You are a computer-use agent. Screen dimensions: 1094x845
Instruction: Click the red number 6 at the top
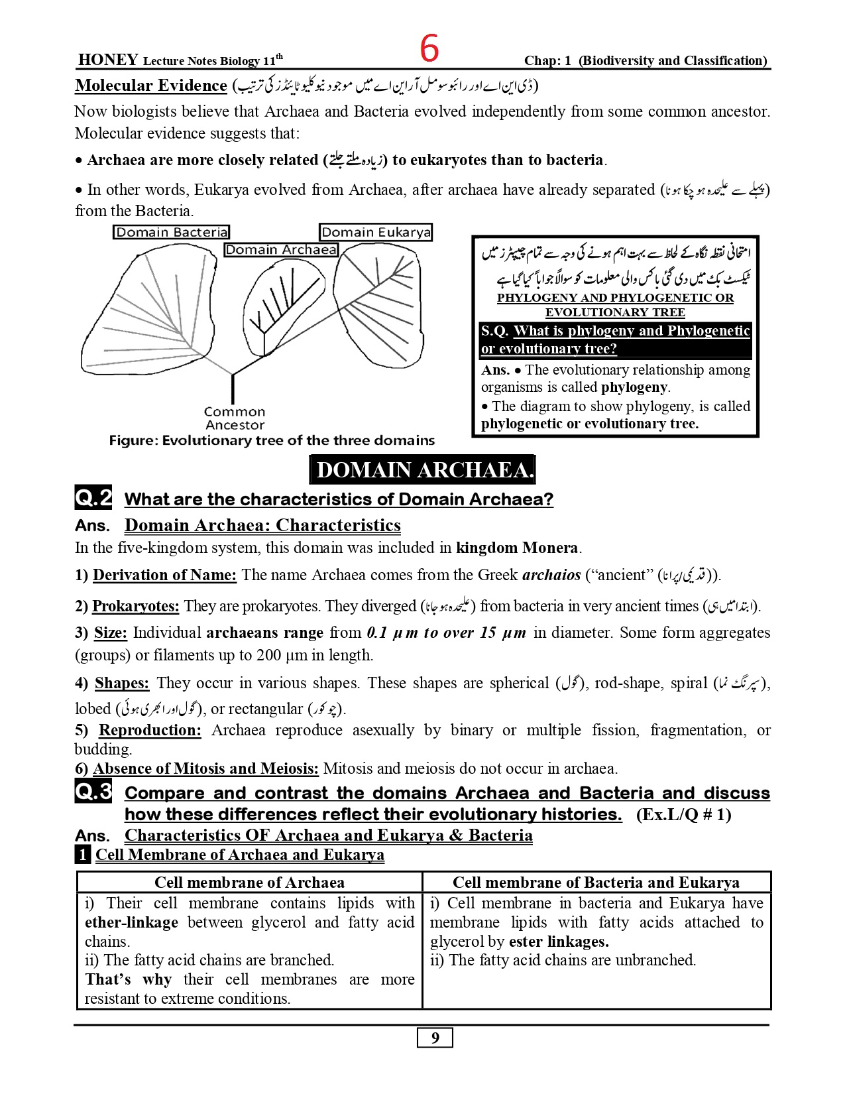pos(429,48)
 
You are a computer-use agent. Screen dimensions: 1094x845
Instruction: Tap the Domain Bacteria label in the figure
pos(171,232)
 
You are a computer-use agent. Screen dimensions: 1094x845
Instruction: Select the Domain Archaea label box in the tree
pos(281,250)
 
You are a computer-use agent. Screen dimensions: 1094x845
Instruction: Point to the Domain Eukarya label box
pos(376,232)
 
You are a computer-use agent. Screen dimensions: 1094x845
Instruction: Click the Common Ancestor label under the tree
pos(235,418)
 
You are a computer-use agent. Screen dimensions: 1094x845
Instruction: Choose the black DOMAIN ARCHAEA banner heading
pos(422,469)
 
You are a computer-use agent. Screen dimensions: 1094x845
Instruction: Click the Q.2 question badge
pos(93,497)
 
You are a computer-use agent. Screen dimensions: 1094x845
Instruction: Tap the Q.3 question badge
pos(93,791)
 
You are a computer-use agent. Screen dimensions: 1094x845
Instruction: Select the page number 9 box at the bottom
pos(435,1038)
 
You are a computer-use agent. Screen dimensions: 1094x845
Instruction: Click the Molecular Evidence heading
pos(151,86)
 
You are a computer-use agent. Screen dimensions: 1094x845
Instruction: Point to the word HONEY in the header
pos(108,60)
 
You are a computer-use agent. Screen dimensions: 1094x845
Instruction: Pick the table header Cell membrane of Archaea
pos(249,882)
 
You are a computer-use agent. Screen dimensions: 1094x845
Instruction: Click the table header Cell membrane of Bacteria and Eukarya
pos(596,882)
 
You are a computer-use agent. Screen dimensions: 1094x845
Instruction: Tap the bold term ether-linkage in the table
pos(131,922)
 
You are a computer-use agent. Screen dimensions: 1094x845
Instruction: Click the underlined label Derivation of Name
pos(164,575)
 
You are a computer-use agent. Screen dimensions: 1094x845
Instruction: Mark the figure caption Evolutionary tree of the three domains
pos(272,440)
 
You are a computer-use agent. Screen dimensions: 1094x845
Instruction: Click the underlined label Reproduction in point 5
pos(150,730)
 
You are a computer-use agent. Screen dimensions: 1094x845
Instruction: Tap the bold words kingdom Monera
pos(517,548)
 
